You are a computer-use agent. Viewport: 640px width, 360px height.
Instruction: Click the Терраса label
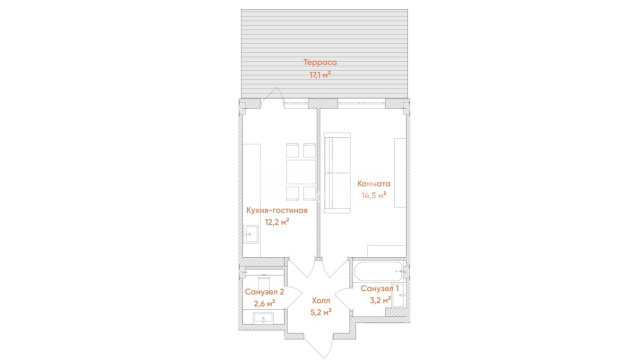point(320,62)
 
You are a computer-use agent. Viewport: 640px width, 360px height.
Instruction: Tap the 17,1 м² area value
point(320,75)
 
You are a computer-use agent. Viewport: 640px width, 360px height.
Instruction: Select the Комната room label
point(373,184)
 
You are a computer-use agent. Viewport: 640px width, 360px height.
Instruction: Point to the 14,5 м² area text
point(374,196)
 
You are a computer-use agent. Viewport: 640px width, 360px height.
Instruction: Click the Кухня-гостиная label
point(277,211)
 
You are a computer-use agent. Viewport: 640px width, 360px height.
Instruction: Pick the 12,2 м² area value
point(277,222)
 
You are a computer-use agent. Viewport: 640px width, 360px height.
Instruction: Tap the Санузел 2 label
point(264,292)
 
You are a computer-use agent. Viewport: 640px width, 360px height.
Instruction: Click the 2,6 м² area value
point(264,303)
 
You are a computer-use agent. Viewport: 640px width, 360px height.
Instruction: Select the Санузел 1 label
point(380,289)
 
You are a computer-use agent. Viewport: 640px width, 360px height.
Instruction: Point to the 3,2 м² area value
point(380,300)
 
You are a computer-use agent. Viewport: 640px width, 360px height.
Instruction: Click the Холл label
point(321,301)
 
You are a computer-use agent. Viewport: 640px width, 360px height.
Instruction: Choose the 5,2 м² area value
point(321,312)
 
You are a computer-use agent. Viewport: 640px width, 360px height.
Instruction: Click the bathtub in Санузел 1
point(379,271)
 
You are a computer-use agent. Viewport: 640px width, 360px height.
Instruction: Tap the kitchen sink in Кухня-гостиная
point(251,234)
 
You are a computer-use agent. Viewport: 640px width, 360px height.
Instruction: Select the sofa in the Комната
point(337,173)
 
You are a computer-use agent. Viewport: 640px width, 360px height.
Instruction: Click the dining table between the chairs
point(301,172)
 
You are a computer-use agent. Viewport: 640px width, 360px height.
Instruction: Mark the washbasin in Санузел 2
point(264,318)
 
